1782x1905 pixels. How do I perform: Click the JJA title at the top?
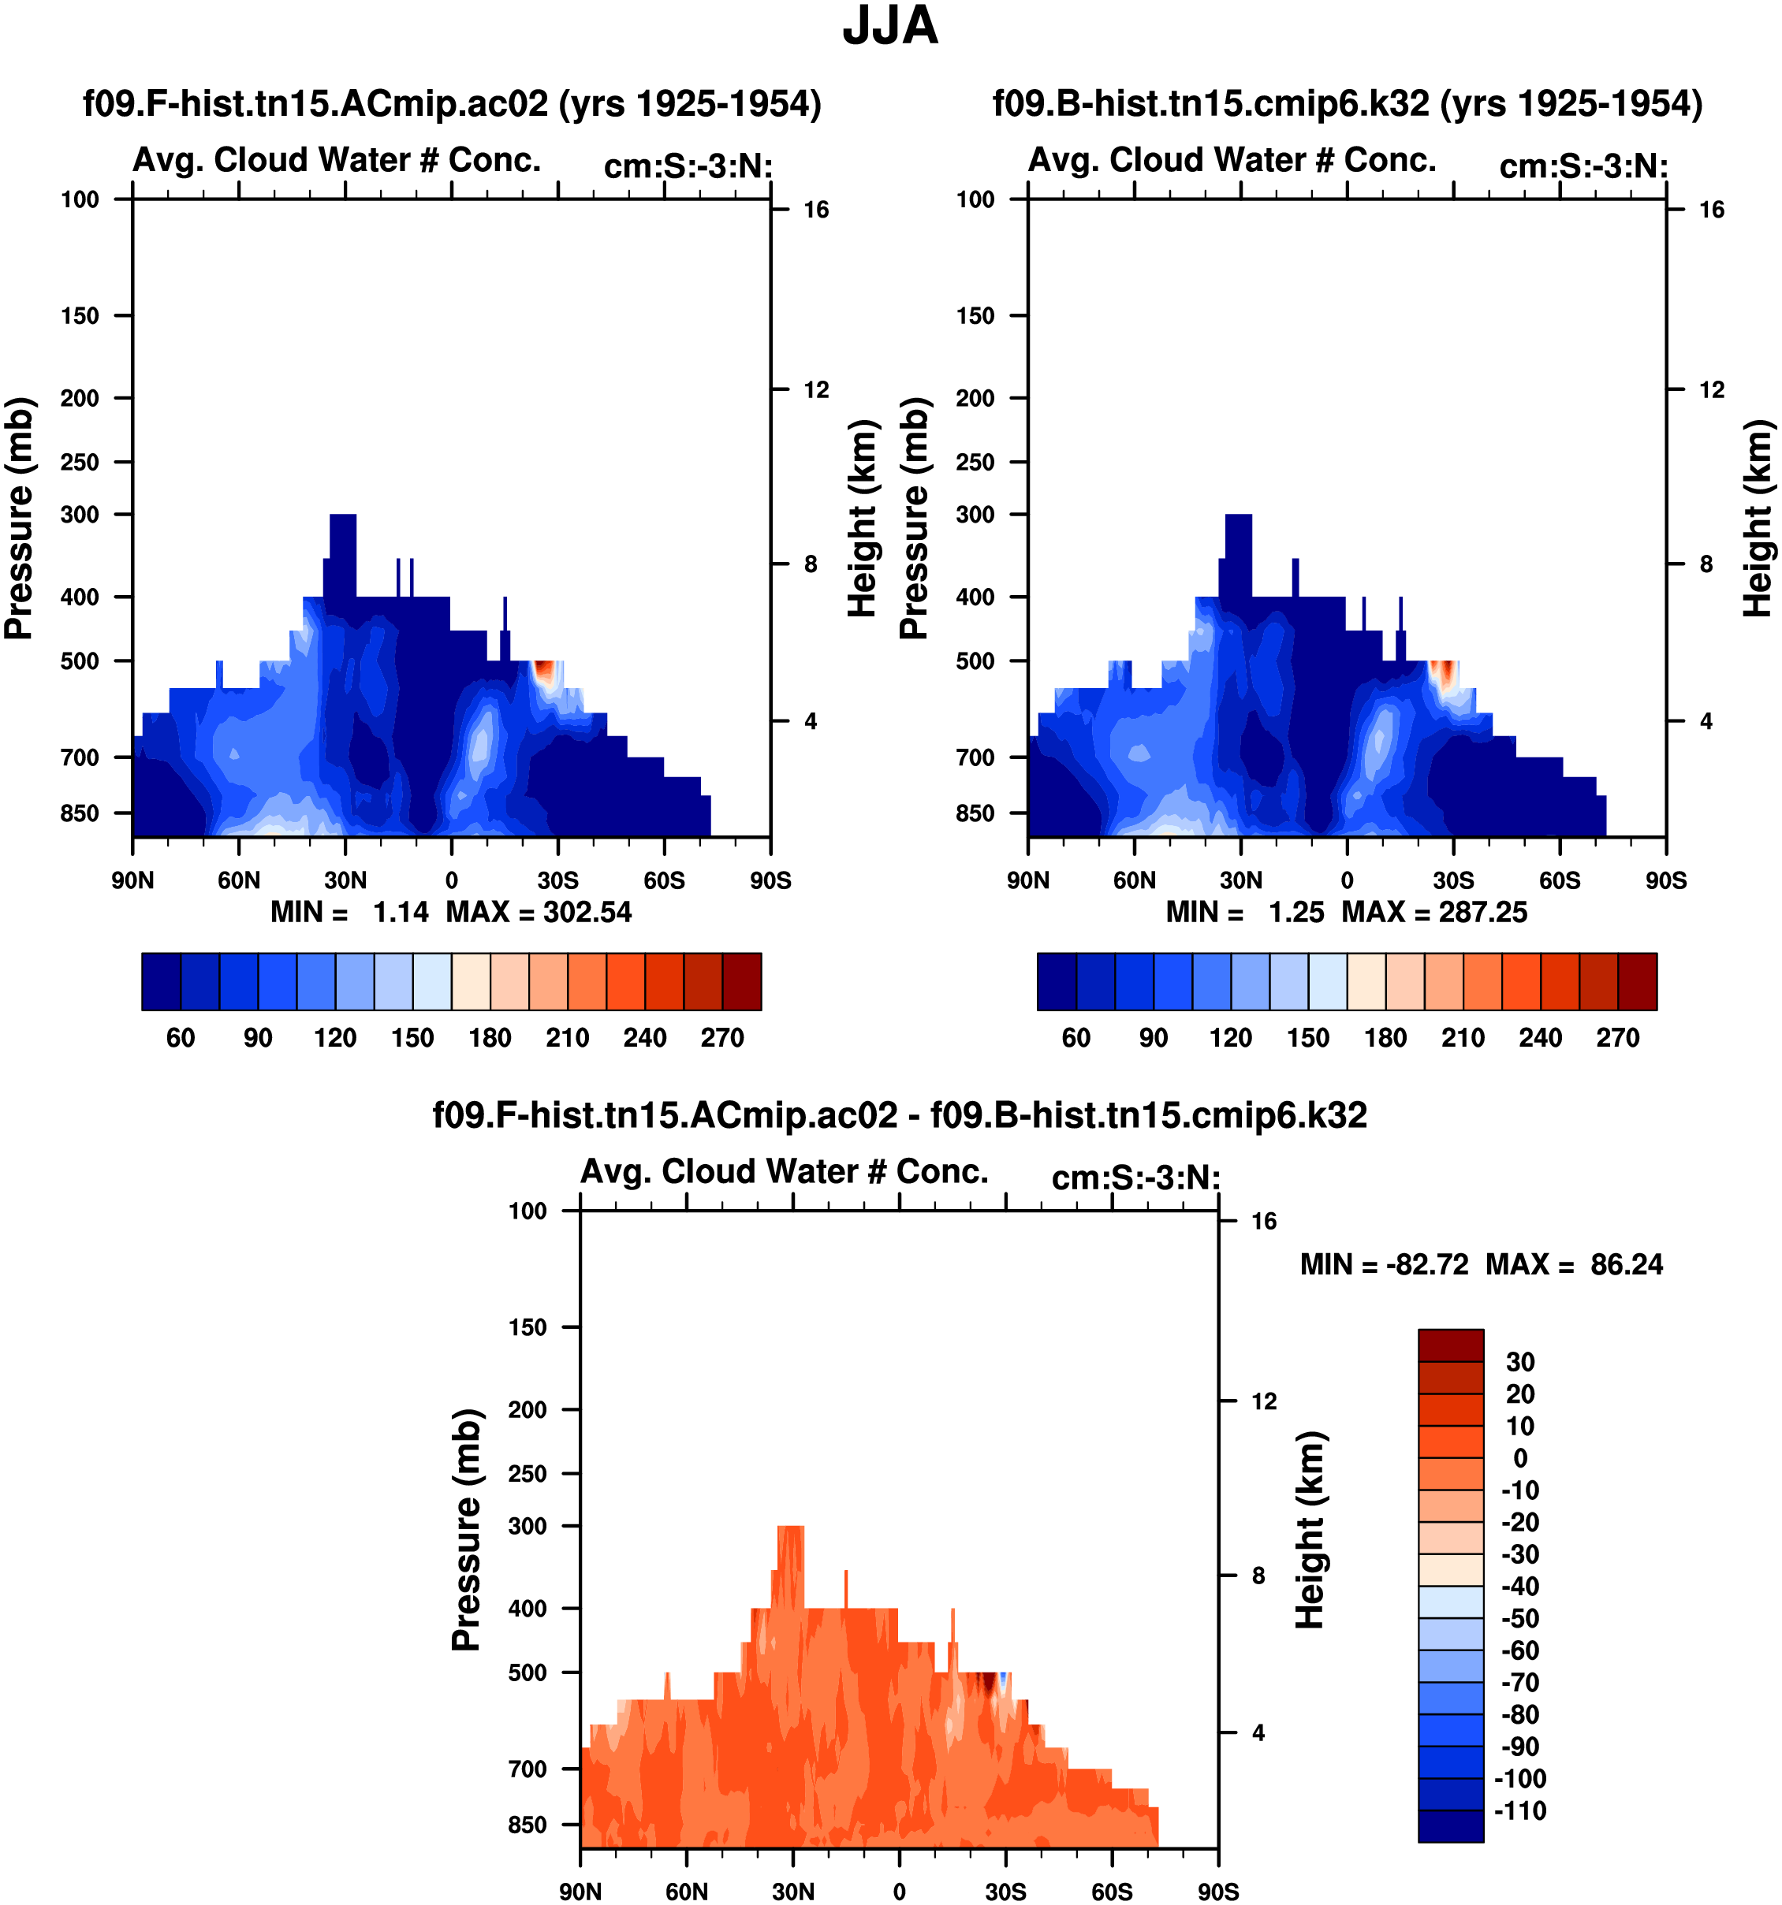(x=889, y=26)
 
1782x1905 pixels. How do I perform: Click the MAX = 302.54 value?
(x=539, y=911)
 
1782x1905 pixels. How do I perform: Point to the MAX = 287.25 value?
(x=1434, y=911)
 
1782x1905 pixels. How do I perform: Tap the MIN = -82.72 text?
(x=1383, y=1264)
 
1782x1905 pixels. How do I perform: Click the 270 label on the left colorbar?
(x=721, y=1038)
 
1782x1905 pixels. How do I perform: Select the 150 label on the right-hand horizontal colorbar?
(x=1307, y=1038)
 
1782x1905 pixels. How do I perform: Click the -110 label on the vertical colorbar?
(x=1520, y=1810)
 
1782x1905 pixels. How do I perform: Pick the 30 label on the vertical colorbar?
(x=1520, y=1362)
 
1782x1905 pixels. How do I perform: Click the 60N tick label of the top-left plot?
(x=239, y=880)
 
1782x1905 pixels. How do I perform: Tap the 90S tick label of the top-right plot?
(x=1666, y=880)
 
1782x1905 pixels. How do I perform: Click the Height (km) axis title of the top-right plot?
(x=1756, y=518)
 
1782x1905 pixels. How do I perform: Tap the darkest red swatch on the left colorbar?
(x=742, y=981)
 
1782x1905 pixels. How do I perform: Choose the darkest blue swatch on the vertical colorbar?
(x=1450, y=1825)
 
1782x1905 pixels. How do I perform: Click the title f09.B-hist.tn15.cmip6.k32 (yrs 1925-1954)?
(x=1347, y=102)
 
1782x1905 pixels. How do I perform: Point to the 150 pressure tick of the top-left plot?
(x=80, y=315)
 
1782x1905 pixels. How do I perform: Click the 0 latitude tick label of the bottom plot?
(x=899, y=1892)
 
